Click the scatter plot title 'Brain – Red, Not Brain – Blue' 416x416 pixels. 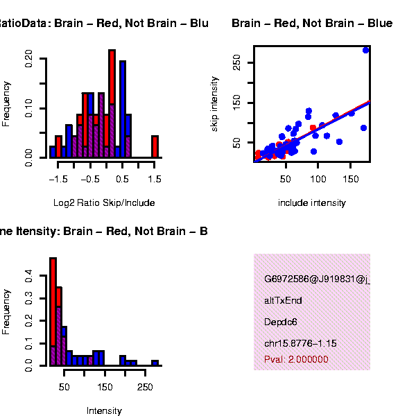(312, 24)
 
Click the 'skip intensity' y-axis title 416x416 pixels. (216, 104)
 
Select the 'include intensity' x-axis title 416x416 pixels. (311, 203)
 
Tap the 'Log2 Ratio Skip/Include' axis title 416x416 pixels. (104, 203)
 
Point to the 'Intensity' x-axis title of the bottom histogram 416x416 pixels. (104, 411)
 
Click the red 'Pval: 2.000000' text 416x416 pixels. (296, 359)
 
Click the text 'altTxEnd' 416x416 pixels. (283, 301)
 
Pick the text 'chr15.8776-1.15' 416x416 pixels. (300, 343)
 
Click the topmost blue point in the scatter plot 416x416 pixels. (366, 50)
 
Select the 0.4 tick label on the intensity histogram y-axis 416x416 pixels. (28, 277)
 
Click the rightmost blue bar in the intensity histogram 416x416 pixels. (155, 363)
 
